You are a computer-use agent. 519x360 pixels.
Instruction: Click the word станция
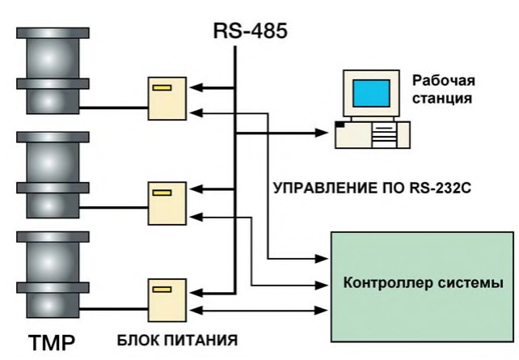click(x=441, y=100)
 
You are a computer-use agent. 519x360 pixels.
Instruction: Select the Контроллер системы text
click(x=424, y=284)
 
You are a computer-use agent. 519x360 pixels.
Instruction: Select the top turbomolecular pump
click(x=49, y=72)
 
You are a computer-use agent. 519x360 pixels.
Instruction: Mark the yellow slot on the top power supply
click(x=162, y=86)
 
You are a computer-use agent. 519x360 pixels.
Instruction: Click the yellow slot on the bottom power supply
click(x=162, y=288)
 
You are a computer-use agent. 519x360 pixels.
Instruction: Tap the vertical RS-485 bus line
click(x=234, y=162)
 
